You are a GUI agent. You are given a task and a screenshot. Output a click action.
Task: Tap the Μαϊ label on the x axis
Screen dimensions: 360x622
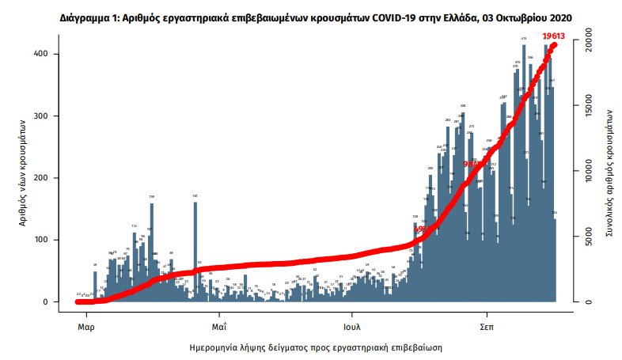pyautogui.click(x=219, y=326)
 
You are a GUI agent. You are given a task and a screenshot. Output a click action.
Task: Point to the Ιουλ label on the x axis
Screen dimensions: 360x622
pyautogui.click(x=353, y=326)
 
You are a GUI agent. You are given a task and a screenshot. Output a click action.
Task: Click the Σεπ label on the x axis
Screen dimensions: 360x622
pyautogui.click(x=487, y=326)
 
